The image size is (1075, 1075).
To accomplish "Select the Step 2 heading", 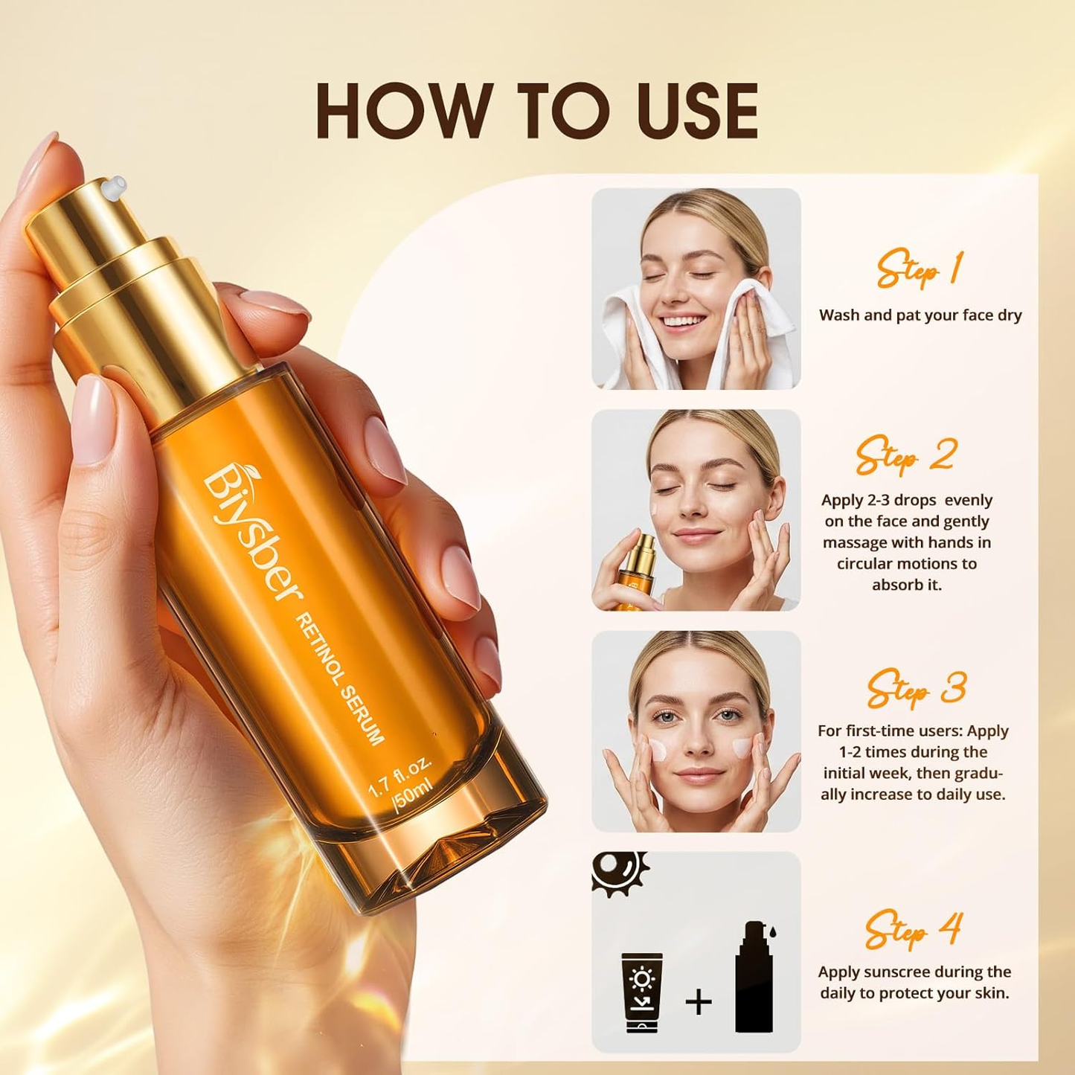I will click(x=905, y=455).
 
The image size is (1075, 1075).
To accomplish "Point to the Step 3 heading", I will click(x=916, y=688).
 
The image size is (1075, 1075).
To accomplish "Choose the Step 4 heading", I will click(x=914, y=929).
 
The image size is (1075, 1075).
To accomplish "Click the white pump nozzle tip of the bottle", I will click(x=113, y=187).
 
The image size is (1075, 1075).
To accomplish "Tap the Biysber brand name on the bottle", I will click(x=253, y=533).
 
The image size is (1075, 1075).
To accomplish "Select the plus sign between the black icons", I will click(x=699, y=1002).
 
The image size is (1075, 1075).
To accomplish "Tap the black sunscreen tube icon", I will click(x=641, y=992).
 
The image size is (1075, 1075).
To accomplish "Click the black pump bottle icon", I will click(x=754, y=978).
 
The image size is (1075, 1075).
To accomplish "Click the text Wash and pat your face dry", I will click(x=920, y=315).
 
